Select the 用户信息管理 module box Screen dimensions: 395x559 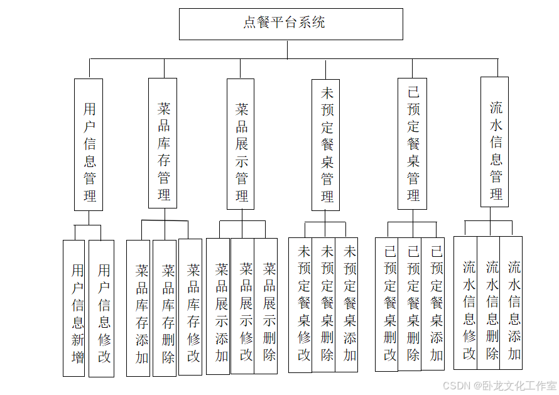tap(89, 144)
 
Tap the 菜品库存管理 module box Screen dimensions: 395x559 tap(163, 143)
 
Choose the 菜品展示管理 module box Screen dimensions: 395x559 tap(241, 144)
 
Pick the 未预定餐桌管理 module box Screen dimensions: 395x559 tap(325, 144)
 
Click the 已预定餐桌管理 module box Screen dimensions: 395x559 tap(412, 143)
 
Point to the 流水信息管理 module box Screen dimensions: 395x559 tap(495, 142)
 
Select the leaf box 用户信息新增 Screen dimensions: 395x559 tap(73, 308)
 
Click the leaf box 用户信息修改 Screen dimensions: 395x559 tap(102, 308)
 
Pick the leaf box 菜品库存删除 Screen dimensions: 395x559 tap(165, 308)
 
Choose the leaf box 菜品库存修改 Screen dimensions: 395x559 tap(190, 308)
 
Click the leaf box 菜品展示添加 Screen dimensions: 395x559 tap(218, 306)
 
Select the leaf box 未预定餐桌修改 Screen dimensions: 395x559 tap(300, 305)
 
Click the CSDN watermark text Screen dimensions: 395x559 tap(499, 385)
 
